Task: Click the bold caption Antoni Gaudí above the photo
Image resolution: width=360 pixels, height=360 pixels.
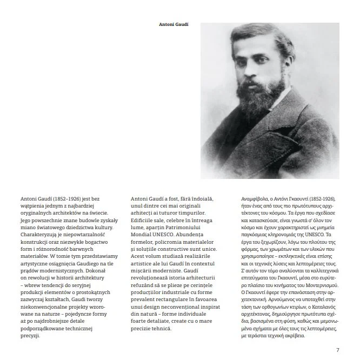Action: click(x=174, y=24)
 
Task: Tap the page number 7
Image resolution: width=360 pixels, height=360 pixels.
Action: click(x=337, y=350)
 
